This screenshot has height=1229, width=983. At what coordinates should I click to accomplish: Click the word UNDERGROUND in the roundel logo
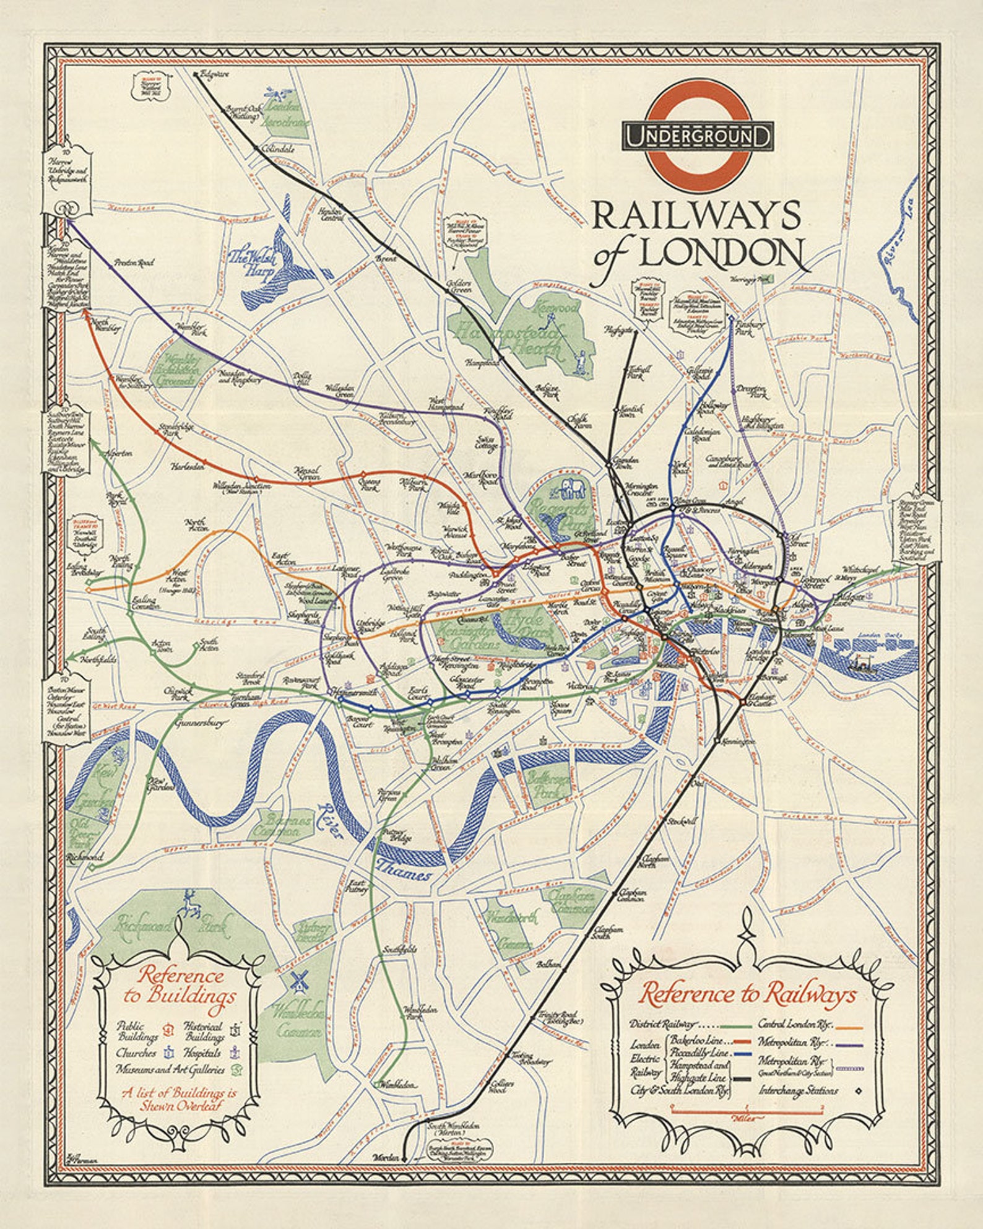(698, 136)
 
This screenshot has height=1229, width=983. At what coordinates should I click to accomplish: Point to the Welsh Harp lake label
(250, 263)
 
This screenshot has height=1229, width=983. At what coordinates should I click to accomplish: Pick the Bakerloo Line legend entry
(696, 1041)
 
